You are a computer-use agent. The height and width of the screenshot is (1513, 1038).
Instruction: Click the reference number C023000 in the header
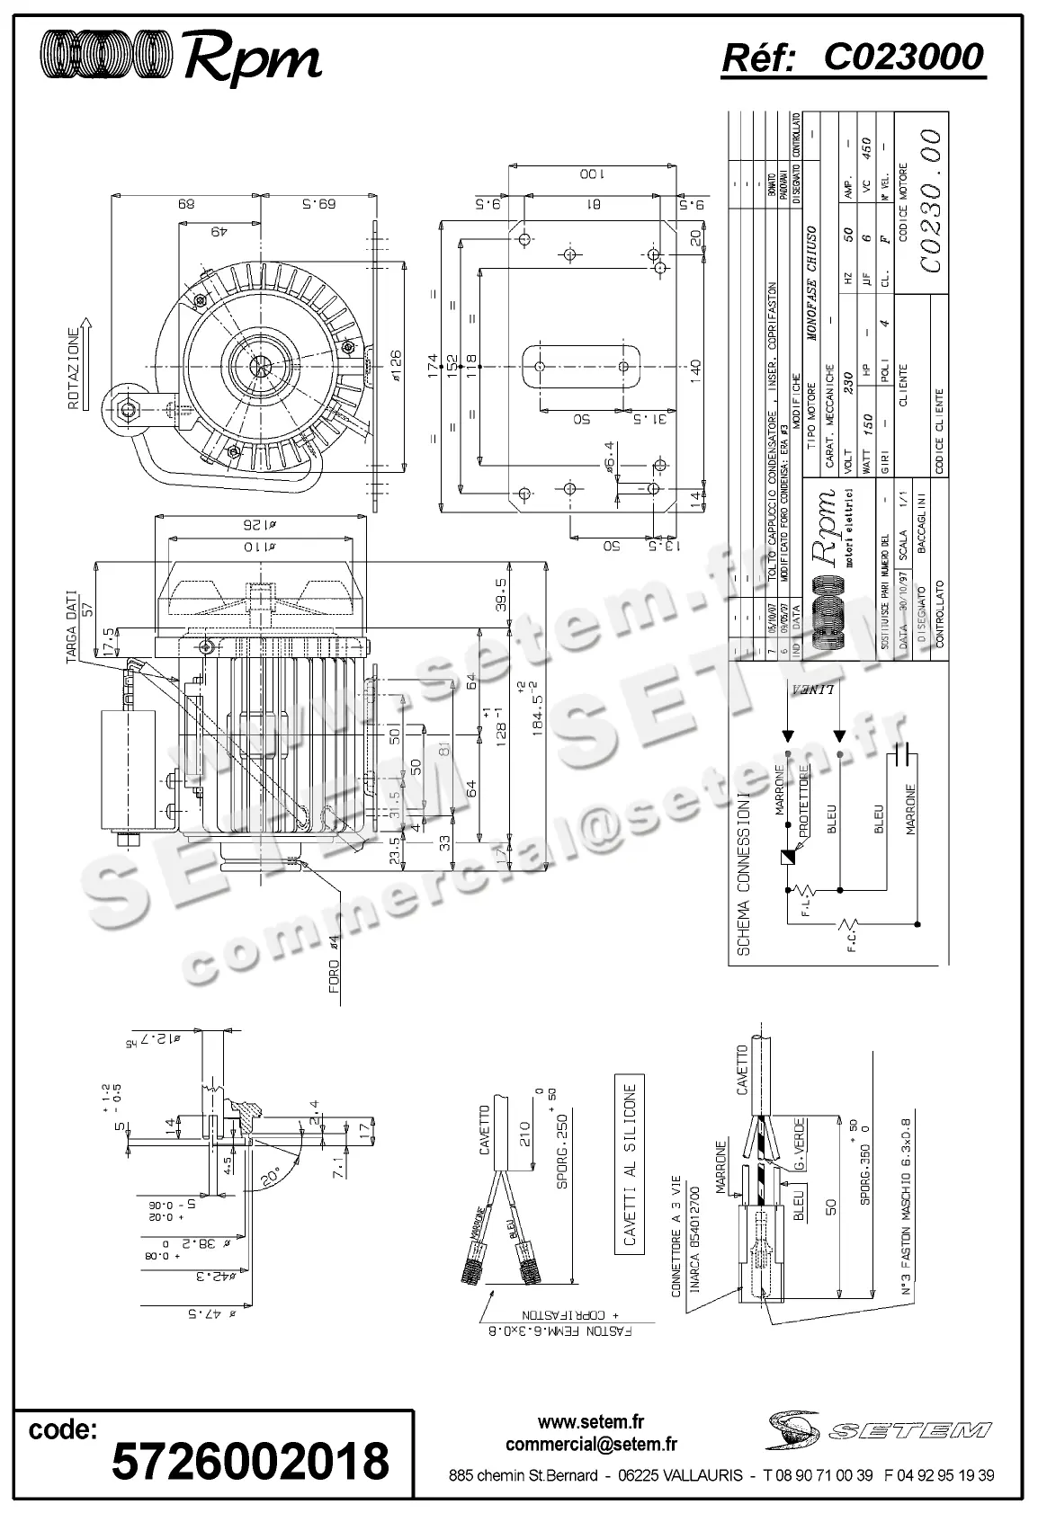[x=903, y=58]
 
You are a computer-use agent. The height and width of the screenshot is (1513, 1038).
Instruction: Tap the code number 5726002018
[x=250, y=1460]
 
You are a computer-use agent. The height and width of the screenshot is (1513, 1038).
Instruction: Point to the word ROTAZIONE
[x=76, y=368]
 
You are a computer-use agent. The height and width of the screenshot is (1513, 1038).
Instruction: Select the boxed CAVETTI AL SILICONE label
[x=629, y=1164]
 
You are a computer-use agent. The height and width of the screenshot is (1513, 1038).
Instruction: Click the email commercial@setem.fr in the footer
[x=591, y=1444]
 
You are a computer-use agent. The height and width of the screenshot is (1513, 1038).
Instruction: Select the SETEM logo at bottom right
[x=880, y=1429]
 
